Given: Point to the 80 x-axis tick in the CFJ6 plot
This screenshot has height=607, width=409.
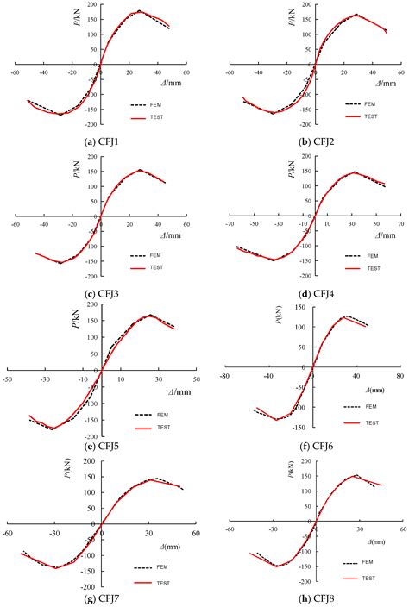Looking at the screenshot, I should (399, 375).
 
